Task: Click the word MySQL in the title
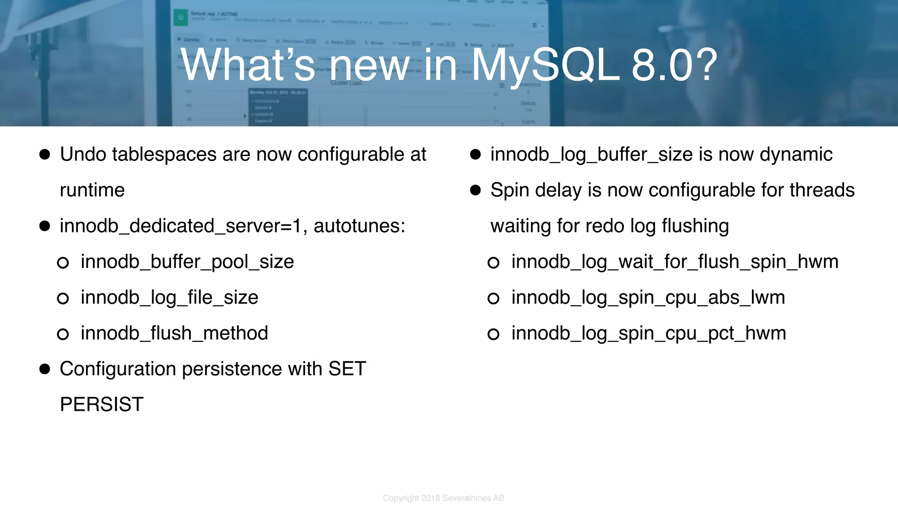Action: click(x=545, y=66)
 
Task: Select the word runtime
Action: click(x=92, y=190)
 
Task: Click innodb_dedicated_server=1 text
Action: click(x=180, y=226)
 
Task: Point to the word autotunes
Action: click(x=359, y=226)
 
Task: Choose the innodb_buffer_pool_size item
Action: click(x=187, y=262)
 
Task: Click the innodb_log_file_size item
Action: click(x=169, y=298)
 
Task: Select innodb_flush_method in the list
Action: click(x=174, y=333)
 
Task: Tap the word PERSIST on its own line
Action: click(x=102, y=404)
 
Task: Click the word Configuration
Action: click(x=118, y=369)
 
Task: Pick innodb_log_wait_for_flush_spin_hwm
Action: click(x=675, y=262)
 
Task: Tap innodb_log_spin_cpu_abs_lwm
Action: click(x=648, y=298)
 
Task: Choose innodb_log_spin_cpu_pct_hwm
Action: click(x=649, y=333)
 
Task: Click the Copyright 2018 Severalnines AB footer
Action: click(x=443, y=498)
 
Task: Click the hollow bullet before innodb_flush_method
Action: click(x=63, y=334)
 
